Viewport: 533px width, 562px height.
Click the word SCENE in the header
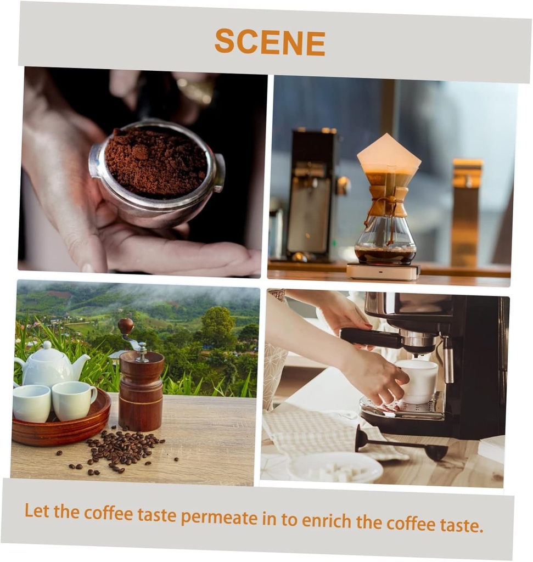270,42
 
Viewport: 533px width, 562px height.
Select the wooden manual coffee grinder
141,390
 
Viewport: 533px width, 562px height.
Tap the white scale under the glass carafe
383,271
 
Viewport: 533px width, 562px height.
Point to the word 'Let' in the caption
37,511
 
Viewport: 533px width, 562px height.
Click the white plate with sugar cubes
335,467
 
